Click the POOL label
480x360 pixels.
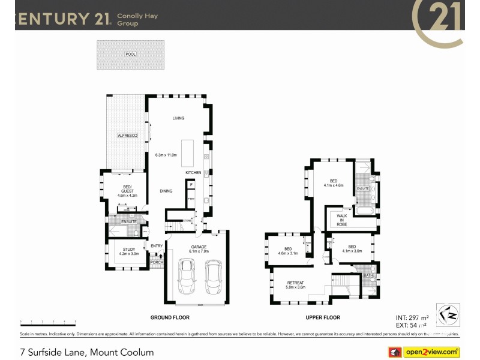(x=131, y=54)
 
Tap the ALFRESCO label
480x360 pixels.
(x=127, y=136)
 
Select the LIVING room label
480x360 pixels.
(x=178, y=118)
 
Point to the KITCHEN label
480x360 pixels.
(x=193, y=173)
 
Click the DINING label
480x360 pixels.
(x=166, y=191)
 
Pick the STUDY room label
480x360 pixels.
(x=129, y=249)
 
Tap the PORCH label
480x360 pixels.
(x=157, y=262)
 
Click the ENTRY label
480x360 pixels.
(x=157, y=246)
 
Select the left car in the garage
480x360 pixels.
(x=187, y=277)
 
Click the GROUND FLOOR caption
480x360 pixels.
(x=170, y=317)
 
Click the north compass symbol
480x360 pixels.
(x=446, y=314)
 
